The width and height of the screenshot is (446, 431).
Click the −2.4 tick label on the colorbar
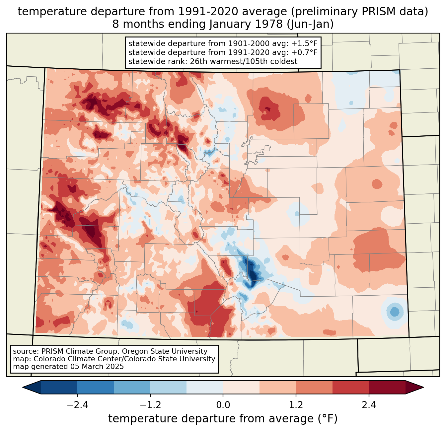(77, 405)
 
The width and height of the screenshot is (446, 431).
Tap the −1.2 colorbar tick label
(150, 405)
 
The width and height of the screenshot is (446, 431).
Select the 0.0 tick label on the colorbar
(223, 405)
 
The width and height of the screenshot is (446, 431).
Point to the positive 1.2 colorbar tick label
(296, 405)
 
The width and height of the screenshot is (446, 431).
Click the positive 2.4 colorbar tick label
(369, 405)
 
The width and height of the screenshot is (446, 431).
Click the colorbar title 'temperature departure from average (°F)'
(223, 419)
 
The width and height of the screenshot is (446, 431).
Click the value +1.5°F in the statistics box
(304, 43)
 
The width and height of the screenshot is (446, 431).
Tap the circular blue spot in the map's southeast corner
(395, 312)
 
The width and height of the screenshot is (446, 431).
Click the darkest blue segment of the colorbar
(59, 387)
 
